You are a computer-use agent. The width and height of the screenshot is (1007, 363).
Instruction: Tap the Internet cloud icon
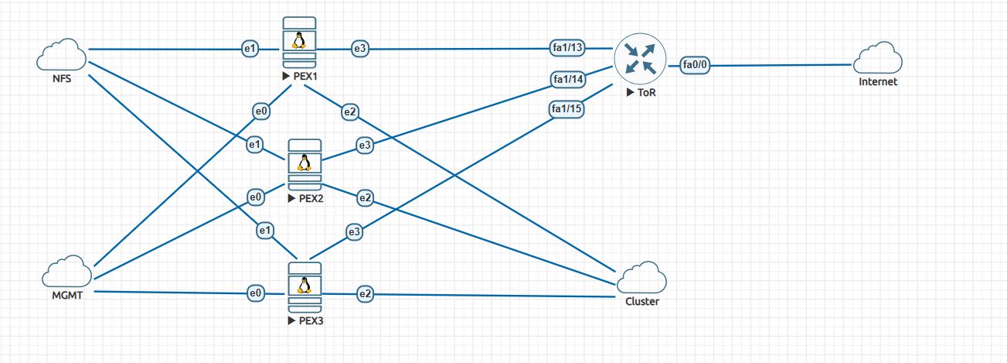click(878, 58)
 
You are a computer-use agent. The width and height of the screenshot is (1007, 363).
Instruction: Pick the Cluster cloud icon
click(641, 278)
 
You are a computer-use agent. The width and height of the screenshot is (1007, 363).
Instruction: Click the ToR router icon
click(639, 58)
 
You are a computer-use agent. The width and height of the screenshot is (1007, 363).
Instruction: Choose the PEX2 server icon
click(304, 165)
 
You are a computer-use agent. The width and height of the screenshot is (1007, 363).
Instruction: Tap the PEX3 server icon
click(304, 287)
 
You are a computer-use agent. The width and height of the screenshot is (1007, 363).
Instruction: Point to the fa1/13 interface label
click(568, 48)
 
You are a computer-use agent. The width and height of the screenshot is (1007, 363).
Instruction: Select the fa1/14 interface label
click(568, 79)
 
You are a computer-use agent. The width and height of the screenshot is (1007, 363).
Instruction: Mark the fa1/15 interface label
click(566, 109)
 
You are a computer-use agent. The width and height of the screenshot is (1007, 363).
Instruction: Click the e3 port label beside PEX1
click(360, 49)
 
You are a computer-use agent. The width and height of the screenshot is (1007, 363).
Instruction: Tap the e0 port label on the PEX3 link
click(256, 293)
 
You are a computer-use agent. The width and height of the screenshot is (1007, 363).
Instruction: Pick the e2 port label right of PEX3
click(366, 293)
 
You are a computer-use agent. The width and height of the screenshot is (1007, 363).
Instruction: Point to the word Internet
click(878, 82)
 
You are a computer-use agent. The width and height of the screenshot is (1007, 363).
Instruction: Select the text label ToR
click(648, 93)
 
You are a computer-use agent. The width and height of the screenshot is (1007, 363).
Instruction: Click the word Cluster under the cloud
click(641, 302)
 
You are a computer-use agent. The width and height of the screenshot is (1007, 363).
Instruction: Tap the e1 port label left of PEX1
click(250, 49)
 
